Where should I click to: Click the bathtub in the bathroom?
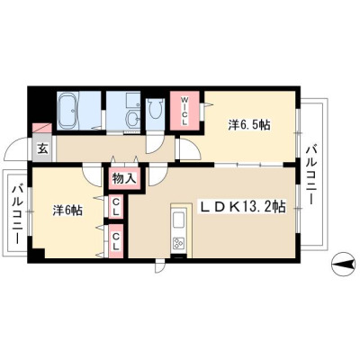coord(67,111)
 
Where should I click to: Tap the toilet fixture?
coord(155,109)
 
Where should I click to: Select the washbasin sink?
coord(133,120)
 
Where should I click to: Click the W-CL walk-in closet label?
coord(184,111)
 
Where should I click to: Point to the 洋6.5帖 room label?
coord(249,125)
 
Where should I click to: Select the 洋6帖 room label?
coord(67,211)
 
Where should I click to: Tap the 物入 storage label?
coord(124,179)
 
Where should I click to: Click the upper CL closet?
coord(116,206)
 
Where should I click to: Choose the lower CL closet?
coord(116,241)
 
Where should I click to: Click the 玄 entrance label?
coord(42,149)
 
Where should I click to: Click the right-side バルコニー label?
coord(311,174)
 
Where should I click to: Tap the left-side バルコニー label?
coord(17,215)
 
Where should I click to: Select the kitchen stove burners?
coord(178,243)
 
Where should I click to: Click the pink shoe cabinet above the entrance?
coord(41,128)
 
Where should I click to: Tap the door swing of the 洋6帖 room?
coord(91,177)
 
